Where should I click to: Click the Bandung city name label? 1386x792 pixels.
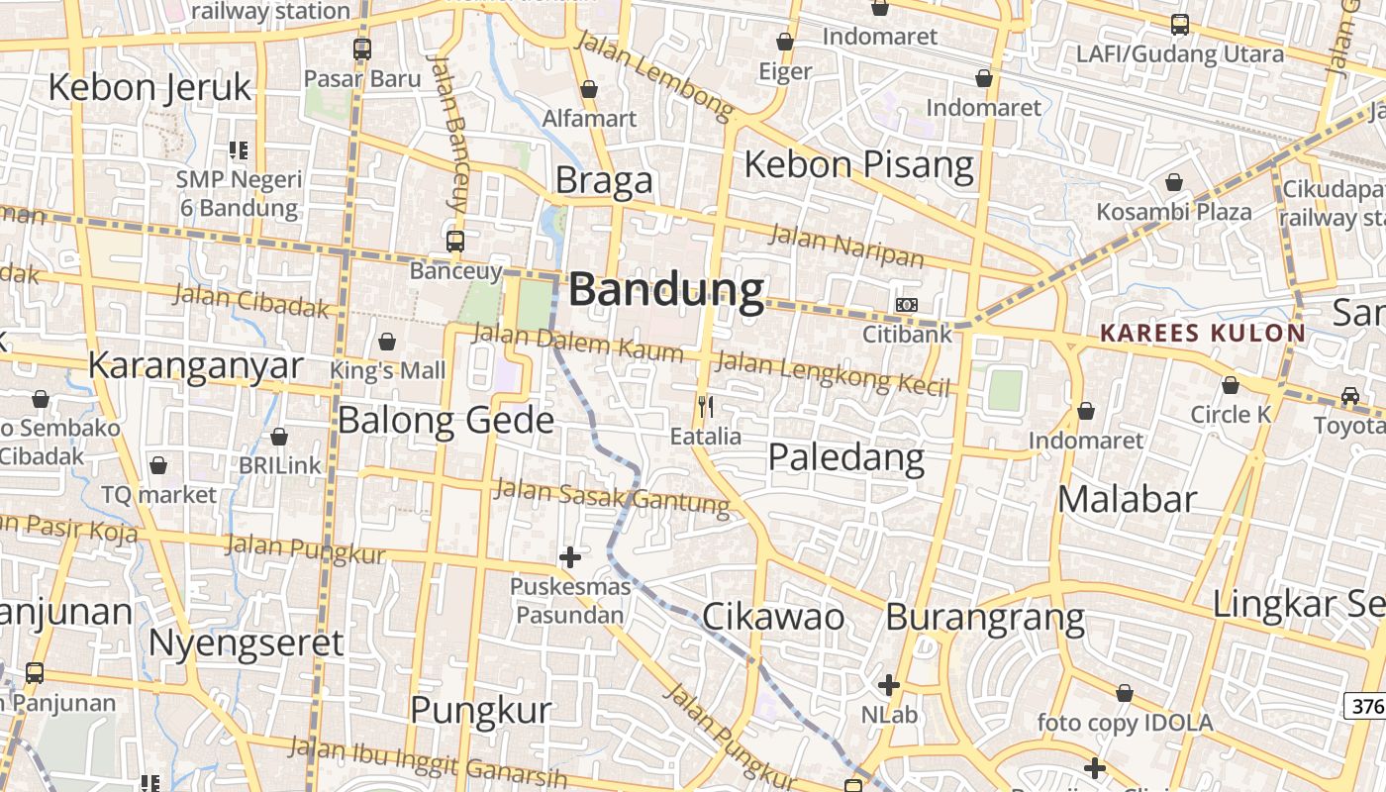(666, 290)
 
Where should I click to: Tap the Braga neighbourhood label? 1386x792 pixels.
(604, 180)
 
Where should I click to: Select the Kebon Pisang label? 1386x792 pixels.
(858, 164)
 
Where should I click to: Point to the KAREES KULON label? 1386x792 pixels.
(1203, 333)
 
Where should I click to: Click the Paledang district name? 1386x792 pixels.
(846, 457)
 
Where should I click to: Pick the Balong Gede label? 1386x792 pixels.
(445, 420)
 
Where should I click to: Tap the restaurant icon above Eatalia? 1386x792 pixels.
(705, 406)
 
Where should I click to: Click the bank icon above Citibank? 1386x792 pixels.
(906, 305)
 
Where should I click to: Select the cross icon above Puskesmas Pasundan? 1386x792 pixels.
(570, 557)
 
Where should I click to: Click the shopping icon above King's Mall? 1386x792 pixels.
(387, 342)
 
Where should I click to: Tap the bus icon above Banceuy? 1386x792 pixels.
(455, 241)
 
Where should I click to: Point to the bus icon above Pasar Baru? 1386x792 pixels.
(362, 49)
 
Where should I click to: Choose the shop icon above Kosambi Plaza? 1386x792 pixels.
(1173, 182)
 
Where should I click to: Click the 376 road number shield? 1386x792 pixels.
(1365, 705)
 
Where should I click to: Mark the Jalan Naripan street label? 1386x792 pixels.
(845, 247)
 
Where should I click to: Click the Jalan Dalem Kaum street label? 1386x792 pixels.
(577, 343)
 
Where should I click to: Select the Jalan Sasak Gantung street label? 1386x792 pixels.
(611, 497)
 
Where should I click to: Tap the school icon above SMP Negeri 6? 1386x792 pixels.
(238, 150)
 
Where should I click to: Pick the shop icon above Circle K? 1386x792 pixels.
(1231, 385)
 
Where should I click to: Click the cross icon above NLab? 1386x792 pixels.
(889, 684)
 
